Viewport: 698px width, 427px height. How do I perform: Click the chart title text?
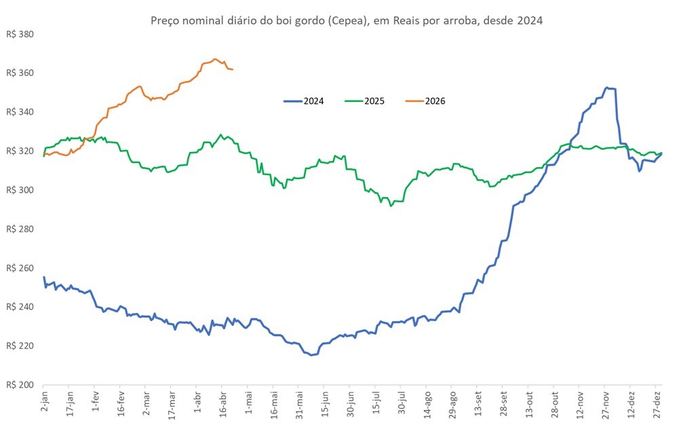[346, 21]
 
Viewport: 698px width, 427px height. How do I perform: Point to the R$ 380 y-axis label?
[20, 34]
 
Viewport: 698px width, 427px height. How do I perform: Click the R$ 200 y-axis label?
[20, 385]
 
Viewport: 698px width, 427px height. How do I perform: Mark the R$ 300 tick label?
[20, 190]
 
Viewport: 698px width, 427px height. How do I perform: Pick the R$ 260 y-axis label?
[20, 268]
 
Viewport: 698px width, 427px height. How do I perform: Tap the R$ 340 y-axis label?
[20, 112]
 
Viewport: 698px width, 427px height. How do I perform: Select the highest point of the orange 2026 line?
[214, 59]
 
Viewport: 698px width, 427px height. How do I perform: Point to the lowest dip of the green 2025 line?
[391, 205]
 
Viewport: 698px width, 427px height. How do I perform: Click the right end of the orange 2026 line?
[233, 69]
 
